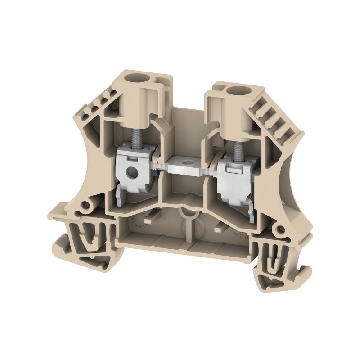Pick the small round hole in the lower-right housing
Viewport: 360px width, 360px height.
[x=281, y=230]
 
